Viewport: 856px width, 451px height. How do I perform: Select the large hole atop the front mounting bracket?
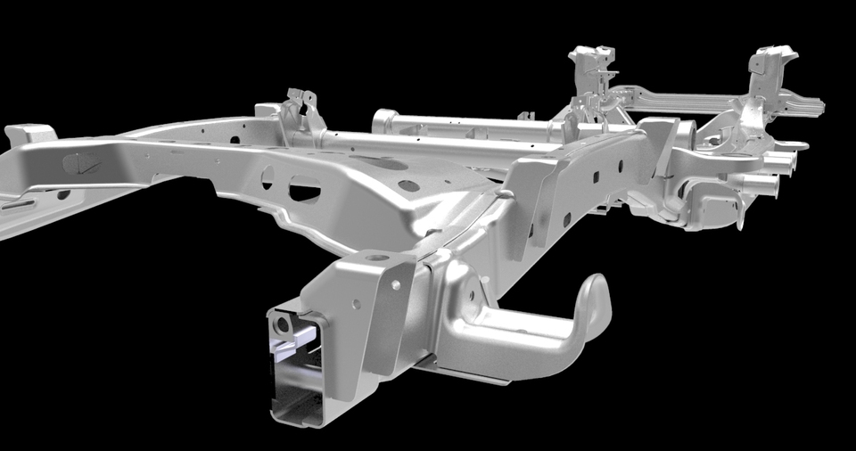[379, 258]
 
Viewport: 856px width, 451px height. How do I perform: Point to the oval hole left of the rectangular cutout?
[267, 178]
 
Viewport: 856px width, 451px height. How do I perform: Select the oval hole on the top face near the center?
[407, 186]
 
